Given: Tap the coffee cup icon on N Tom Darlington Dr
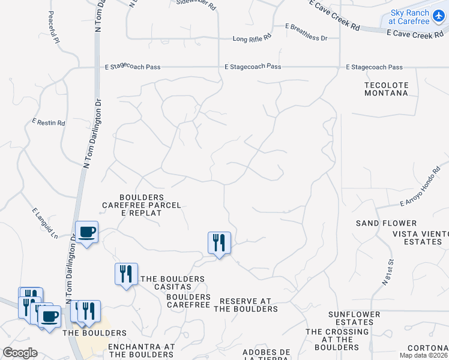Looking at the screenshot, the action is click(87, 232).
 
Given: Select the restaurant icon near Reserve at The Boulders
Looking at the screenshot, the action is click(219, 243).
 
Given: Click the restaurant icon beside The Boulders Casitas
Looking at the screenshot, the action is click(126, 274).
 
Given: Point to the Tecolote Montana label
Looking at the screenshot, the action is click(387, 89).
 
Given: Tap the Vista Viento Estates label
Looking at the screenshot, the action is click(421, 238).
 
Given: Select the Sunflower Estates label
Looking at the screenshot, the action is click(354, 318).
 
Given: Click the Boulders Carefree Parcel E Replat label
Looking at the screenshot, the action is click(142, 205).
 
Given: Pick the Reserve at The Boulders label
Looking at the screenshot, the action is click(246, 305).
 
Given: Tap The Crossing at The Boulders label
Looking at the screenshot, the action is click(337, 339).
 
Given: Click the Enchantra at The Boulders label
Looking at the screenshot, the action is click(142, 350).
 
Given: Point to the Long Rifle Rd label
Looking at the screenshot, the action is click(252, 38).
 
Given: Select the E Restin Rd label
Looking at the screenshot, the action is click(49, 122).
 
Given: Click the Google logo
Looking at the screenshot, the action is click(20, 353).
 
